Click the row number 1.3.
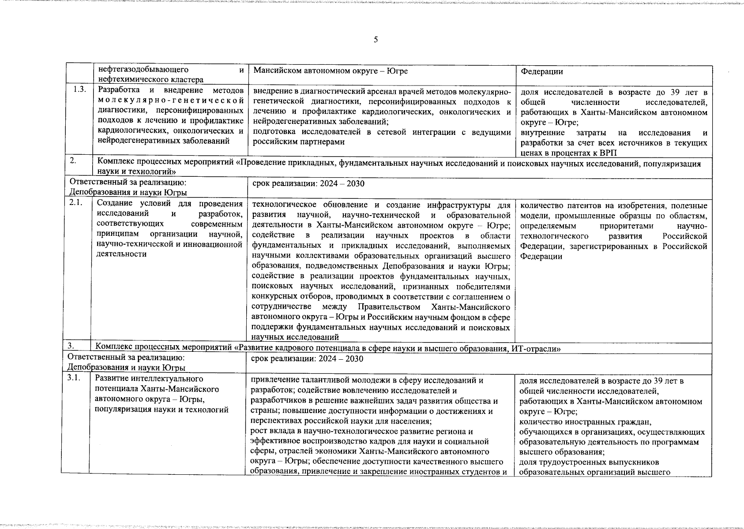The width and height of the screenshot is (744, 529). (79, 90)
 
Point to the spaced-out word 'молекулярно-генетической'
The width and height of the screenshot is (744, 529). (170, 101)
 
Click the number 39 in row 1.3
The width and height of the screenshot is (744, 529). (658, 92)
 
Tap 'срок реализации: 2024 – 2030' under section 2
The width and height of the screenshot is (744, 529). (308, 183)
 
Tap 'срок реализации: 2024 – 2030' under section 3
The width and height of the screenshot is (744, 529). (307, 359)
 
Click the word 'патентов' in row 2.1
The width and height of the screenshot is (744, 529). (593, 205)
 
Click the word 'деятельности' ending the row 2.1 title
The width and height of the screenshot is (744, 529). (121, 254)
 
